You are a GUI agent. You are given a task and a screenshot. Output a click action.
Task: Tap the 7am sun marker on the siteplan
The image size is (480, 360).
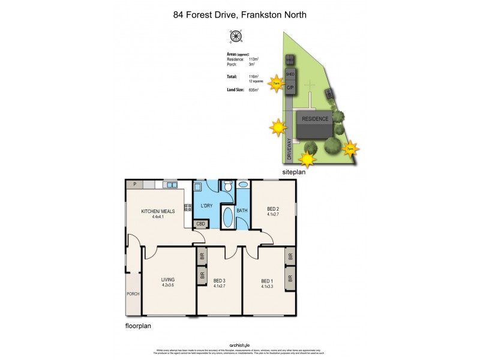(276, 83)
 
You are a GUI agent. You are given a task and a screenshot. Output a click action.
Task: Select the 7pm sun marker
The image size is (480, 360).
(350, 148)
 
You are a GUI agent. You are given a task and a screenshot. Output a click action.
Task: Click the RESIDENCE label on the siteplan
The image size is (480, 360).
(315, 119)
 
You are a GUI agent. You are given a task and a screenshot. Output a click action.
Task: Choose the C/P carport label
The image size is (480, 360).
(290, 88)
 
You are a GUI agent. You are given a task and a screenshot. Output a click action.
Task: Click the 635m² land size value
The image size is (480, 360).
(254, 90)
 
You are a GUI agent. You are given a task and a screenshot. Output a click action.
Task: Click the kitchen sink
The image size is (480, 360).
(169, 185)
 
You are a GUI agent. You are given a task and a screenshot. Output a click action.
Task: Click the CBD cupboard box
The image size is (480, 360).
(201, 224)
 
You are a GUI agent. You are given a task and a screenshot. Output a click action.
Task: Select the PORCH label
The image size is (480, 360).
(133, 294)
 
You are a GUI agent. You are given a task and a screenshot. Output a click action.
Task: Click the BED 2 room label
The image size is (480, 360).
(273, 209)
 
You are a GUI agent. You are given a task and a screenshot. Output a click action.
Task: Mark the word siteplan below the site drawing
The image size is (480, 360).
(294, 172)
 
